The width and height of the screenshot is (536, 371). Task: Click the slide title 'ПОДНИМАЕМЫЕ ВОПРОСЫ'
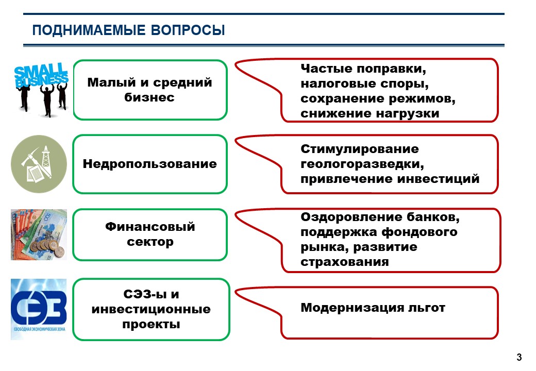pyautogui.click(x=128, y=30)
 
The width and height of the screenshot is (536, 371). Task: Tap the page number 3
pyautogui.click(x=519, y=358)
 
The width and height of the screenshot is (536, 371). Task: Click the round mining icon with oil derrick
pyautogui.click(x=39, y=164)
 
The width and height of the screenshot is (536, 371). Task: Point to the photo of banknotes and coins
pyautogui.click(x=39, y=234)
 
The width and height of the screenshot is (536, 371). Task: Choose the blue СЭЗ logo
pyautogui.click(x=39, y=309)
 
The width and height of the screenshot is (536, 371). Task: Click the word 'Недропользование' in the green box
pyautogui.click(x=150, y=164)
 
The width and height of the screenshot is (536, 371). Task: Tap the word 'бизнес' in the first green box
pyautogui.click(x=150, y=97)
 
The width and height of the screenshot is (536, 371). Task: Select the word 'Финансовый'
pyautogui.click(x=150, y=227)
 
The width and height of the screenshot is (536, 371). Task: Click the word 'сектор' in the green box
pyautogui.click(x=150, y=242)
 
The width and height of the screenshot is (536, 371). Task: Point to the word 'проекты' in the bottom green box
pyautogui.click(x=151, y=325)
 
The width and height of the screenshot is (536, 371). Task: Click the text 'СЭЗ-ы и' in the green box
pyautogui.click(x=151, y=295)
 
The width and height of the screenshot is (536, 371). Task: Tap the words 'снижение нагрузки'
pyautogui.click(x=370, y=113)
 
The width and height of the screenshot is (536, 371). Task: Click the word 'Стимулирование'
pyautogui.click(x=360, y=149)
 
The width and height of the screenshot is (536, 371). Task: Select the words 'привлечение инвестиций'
pyautogui.click(x=390, y=179)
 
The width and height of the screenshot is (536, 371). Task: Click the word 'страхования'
pyautogui.click(x=344, y=262)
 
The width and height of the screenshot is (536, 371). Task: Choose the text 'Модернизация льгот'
pyautogui.click(x=373, y=308)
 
